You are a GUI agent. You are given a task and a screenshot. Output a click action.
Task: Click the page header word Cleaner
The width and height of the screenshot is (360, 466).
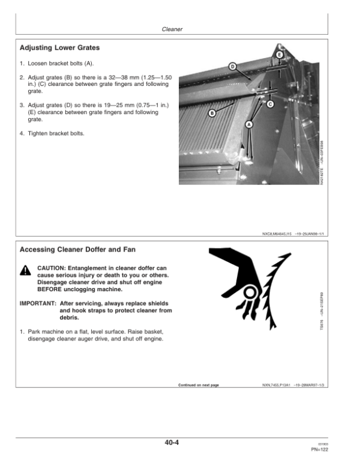[x=172, y=29]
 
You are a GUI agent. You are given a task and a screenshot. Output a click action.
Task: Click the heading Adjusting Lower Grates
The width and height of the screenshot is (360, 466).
[x=59, y=47]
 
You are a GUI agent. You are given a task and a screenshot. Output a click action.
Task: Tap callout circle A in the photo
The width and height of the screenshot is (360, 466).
[x=249, y=124]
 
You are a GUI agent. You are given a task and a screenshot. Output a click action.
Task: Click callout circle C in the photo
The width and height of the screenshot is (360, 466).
[x=269, y=104]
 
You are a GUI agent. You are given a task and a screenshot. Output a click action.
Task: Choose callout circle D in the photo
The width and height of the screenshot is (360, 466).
[x=232, y=66]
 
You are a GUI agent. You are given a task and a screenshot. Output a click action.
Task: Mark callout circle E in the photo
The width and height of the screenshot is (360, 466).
[x=280, y=55]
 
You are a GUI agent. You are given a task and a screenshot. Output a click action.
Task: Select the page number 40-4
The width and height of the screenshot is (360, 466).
[x=172, y=443]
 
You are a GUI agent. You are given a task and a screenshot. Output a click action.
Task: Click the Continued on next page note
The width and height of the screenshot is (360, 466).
[x=199, y=384]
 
